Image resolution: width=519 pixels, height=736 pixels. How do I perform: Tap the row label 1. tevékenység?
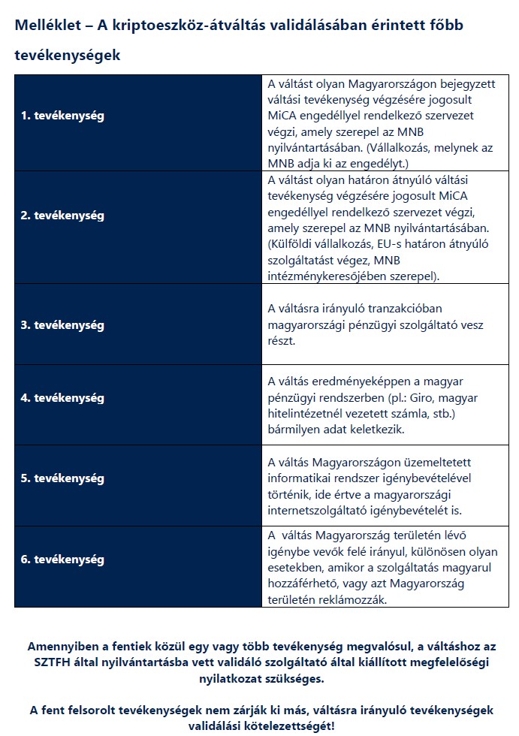62,116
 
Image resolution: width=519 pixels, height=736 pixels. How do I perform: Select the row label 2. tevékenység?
62,216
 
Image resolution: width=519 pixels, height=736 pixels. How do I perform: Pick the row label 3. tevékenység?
62,325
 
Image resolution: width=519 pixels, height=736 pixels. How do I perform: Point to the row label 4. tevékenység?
62,398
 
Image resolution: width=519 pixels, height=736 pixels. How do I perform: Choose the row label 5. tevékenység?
62,478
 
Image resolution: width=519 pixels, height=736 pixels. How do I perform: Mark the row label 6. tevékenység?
62,560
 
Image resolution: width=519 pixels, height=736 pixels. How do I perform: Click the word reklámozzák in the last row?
347,600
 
